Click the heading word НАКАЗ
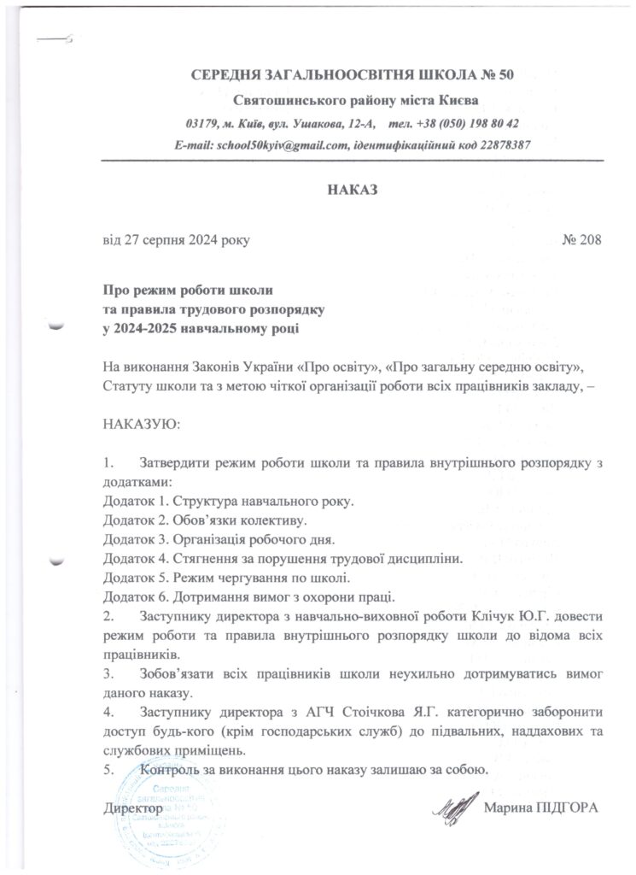coord(352,188)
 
